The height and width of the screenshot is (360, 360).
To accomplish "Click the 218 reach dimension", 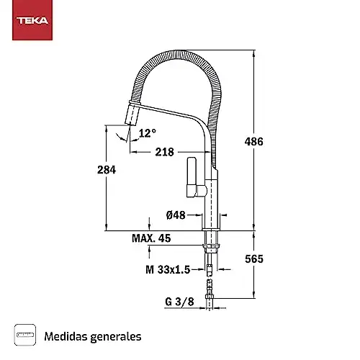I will [165, 153].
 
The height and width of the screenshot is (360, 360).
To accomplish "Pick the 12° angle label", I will [147, 133].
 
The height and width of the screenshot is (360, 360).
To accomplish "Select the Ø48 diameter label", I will [177, 215].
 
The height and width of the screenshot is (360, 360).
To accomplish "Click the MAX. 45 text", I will [150, 238].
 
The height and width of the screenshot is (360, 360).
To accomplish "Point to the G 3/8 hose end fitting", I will [210, 301].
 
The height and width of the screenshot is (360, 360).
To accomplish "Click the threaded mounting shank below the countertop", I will [210, 240].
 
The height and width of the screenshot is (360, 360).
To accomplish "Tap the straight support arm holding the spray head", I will [173, 115].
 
